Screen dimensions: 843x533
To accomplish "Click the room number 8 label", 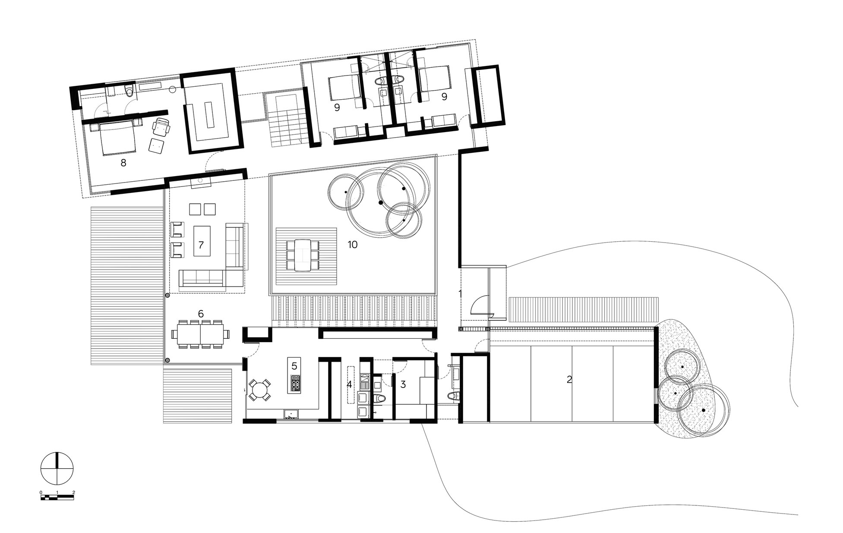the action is point(123,163).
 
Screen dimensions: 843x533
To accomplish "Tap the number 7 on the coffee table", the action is point(201,245).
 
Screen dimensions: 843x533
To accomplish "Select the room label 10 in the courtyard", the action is point(353,245).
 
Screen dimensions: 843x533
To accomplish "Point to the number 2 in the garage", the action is point(569,380).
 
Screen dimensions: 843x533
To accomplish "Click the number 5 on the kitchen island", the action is point(294,366).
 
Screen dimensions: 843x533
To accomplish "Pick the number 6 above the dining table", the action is point(201,314).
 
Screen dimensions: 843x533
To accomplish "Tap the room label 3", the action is point(403,384).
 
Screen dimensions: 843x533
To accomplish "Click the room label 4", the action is point(349,384).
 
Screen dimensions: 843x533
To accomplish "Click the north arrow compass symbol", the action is point(57,467).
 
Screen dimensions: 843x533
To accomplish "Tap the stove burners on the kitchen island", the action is point(296,384).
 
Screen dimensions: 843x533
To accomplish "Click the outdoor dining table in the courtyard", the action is point(303,255).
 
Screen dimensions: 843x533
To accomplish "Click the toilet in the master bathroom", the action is point(129,91).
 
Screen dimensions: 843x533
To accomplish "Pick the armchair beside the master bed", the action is point(161,126).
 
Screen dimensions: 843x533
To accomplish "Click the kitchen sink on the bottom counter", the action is point(292,415).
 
